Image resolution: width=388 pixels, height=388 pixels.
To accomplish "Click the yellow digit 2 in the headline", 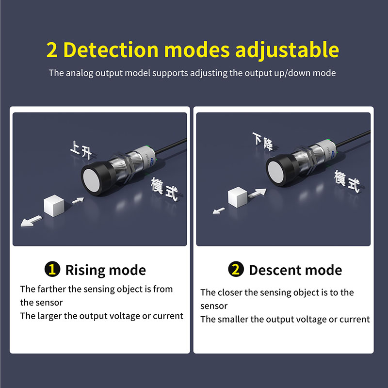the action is pyautogui.click(x=52, y=50).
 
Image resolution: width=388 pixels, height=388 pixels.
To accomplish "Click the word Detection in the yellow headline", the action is pyautogui.click(x=111, y=50).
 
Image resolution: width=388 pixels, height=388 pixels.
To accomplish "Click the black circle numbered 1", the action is pyautogui.click(x=52, y=269).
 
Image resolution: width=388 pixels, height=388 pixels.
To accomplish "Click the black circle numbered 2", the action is pyautogui.click(x=236, y=269).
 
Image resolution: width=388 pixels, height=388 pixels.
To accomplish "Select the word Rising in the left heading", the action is pyautogui.click(x=85, y=270).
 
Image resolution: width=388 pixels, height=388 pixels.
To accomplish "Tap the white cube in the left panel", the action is pyautogui.click(x=54, y=206).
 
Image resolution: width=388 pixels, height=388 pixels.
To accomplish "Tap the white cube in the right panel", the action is pyautogui.click(x=238, y=197).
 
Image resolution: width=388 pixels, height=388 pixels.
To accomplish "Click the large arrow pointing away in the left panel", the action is pyautogui.click(x=31, y=221).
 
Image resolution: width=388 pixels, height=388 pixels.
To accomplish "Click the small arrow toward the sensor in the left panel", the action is pyautogui.click(x=78, y=200).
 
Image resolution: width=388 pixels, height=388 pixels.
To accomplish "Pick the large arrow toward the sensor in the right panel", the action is pyautogui.click(x=258, y=193).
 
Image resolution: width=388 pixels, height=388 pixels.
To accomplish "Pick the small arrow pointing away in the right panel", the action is pyautogui.click(x=219, y=210).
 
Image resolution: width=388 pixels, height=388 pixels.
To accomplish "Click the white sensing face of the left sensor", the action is pyautogui.click(x=92, y=180).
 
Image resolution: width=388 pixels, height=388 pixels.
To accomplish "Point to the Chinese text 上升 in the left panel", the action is pyautogui.click(x=81, y=150).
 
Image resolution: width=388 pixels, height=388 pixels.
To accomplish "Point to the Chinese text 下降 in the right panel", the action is pyautogui.click(x=263, y=141).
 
